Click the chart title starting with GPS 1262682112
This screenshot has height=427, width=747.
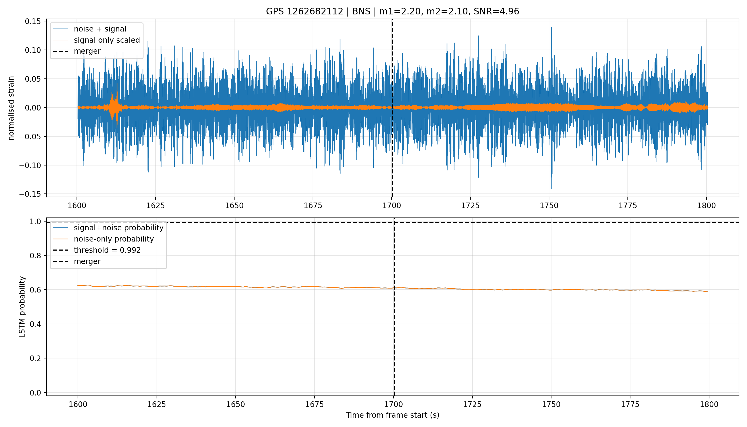(392, 11)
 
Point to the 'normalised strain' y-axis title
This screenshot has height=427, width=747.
(11, 108)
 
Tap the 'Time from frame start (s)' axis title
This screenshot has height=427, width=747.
(392, 415)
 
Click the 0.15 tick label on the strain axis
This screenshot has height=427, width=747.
(33, 21)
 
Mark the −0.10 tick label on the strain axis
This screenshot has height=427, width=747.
(30, 165)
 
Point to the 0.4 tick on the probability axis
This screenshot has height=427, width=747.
(35, 324)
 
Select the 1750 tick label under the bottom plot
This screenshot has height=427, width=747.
(551, 404)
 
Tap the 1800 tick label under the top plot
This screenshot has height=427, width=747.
(706, 205)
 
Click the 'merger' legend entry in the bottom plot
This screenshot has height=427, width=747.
(87, 261)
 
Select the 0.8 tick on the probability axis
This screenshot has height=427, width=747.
(35, 255)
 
